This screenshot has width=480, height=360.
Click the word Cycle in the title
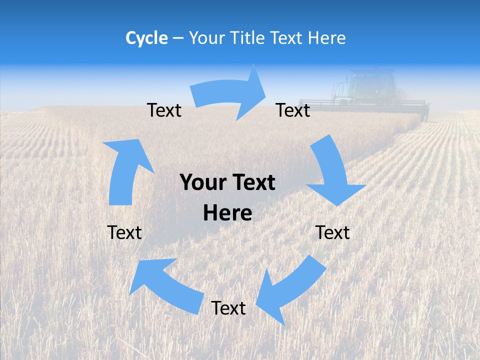(x=146, y=38)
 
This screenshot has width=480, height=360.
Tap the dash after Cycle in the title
(x=178, y=38)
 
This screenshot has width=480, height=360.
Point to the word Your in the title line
(x=206, y=38)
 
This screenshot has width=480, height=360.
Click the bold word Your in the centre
(x=202, y=182)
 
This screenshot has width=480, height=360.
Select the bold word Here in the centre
(x=227, y=213)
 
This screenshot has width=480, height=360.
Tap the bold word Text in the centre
(x=253, y=182)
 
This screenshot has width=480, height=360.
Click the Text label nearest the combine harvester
(x=293, y=110)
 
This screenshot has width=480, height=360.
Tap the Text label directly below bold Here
(x=228, y=308)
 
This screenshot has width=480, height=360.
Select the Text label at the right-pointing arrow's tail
(x=164, y=110)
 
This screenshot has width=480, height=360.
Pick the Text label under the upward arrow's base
(x=124, y=232)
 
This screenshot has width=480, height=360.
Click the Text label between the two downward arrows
(x=332, y=232)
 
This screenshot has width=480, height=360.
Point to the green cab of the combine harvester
(x=372, y=85)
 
